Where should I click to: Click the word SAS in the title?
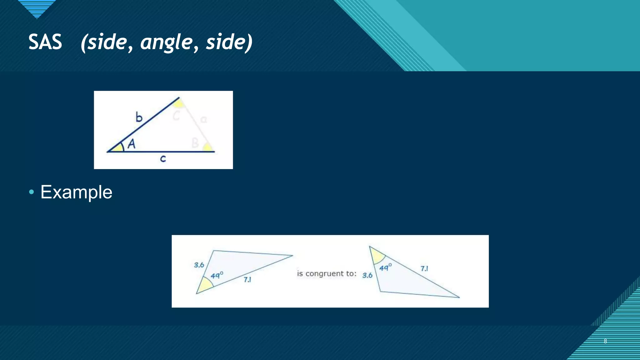coord(45,42)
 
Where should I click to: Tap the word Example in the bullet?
coord(76,192)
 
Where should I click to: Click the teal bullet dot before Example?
coord(31,192)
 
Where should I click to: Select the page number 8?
coord(605,341)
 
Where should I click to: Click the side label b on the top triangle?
coord(139,117)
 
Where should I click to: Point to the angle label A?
coord(132,144)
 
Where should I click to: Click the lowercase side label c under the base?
coord(163,159)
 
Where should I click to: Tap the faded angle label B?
coord(195,143)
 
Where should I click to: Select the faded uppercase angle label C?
coord(176,116)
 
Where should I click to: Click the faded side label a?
coord(203,119)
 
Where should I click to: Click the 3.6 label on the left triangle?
coord(199,265)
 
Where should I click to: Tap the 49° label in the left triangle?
coord(217,275)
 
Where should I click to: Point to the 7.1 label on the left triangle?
coord(247,279)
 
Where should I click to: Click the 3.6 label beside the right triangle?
coord(367,275)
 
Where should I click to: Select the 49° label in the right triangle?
coord(385,267)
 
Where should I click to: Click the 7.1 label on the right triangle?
coord(424,268)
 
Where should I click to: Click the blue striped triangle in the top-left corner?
coord(37,8)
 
